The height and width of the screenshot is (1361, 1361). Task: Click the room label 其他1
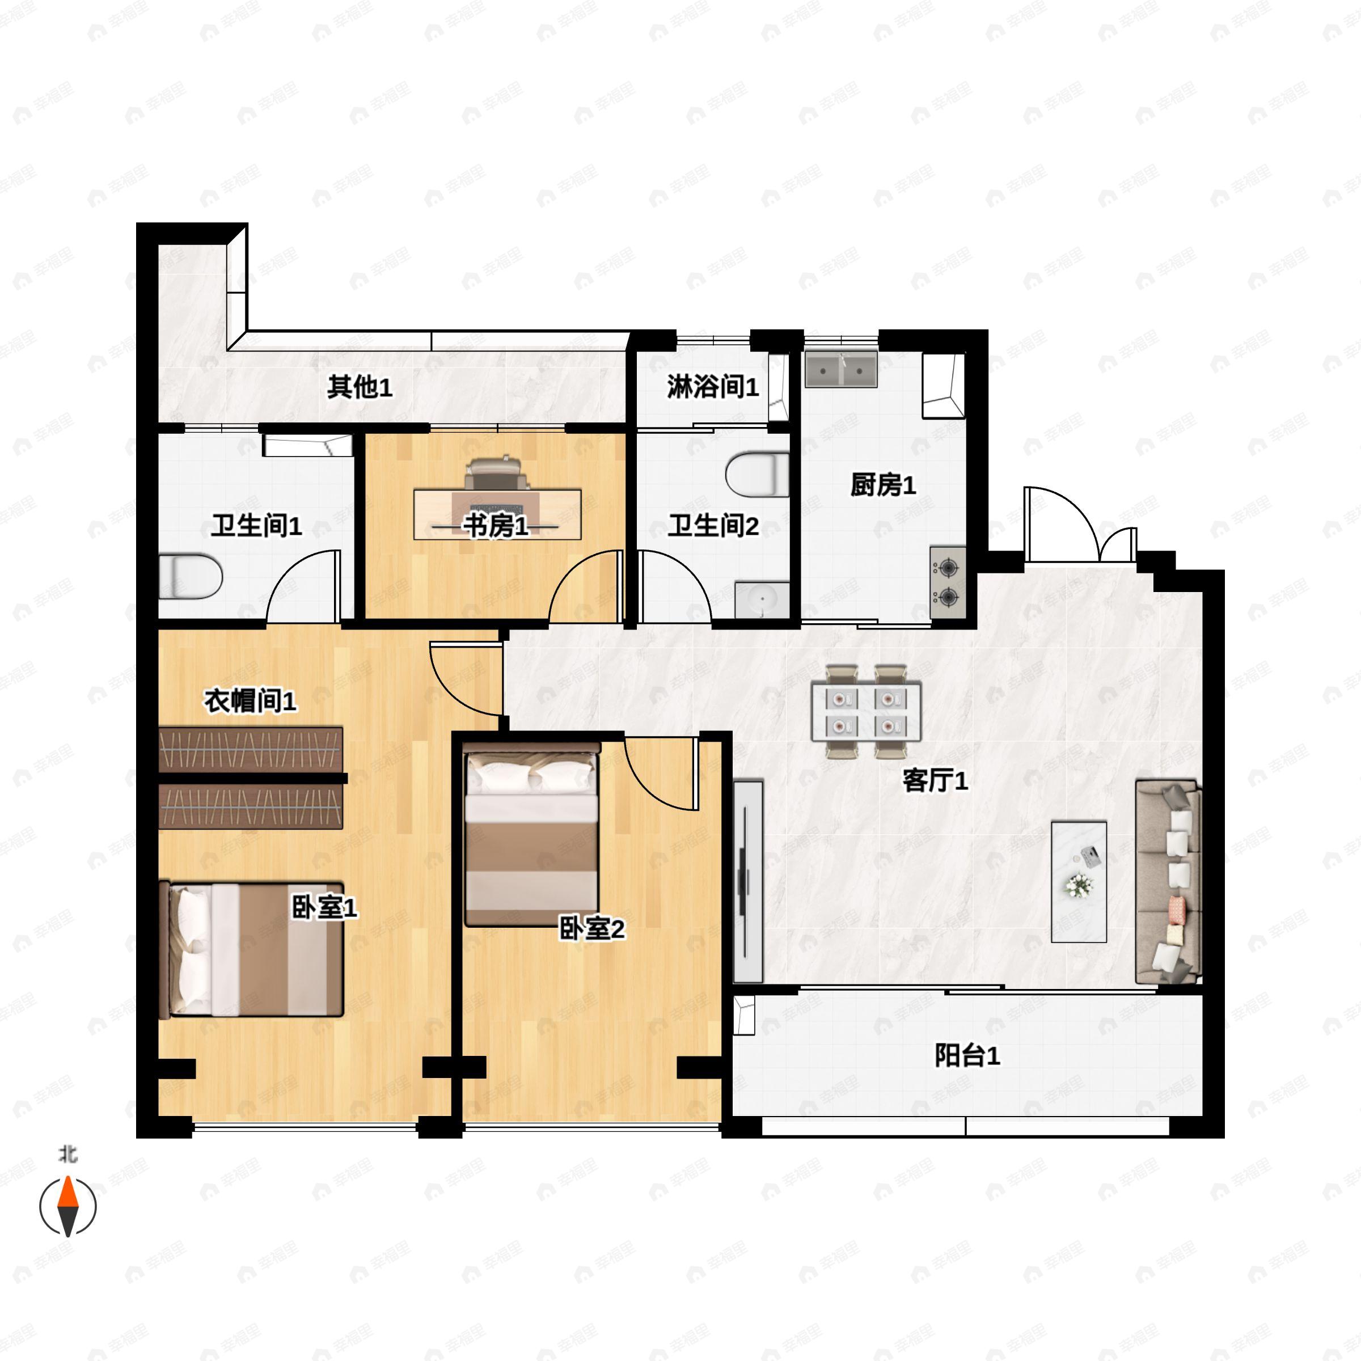point(360,387)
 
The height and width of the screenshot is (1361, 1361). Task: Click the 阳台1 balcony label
point(967,1056)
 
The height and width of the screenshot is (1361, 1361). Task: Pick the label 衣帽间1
point(250,701)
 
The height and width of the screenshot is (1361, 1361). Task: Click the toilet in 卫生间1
point(190,576)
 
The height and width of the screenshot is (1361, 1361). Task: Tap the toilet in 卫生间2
point(756,474)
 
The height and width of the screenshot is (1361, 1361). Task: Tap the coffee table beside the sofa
point(1079,881)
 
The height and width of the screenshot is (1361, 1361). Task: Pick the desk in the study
point(497,514)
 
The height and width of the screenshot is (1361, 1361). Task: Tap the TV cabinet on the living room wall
point(748,881)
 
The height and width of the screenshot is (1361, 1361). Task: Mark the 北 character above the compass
point(67,1155)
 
